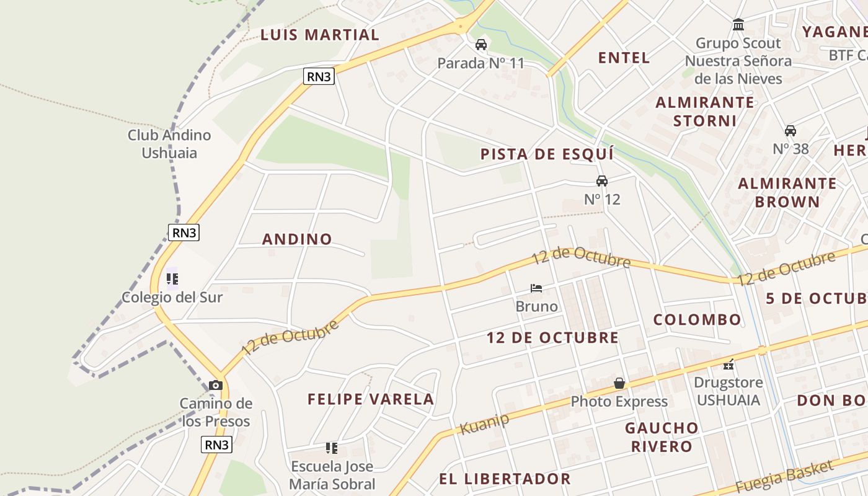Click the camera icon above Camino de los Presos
pyautogui.click(x=216, y=385)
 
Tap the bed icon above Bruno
pyautogui.click(x=536, y=288)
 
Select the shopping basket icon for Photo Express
pyautogui.click(x=619, y=384)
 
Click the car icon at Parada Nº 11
pyautogui.click(x=480, y=45)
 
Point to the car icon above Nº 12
pyautogui.click(x=601, y=181)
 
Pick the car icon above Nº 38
pyautogui.click(x=790, y=131)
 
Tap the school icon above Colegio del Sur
pyautogui.click(x=172, y=279)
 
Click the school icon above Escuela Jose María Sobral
pyautogui.click(x=332, y=448)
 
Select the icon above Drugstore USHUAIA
pyautogui.click(x=728, y=365)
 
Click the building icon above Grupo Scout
pyautogui.click(x=738, y=25)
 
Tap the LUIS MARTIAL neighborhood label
pyautogui.click(x=319, y=35)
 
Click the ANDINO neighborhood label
pyautogui.click(x=297, y=239)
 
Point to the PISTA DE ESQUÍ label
pyautogui.click(x=547, y=154)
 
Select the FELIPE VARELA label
pyautogui.click(x=371, y=399)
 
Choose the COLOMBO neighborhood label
pyautogui.click(x=697, y=320)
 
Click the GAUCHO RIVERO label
pyautogui.click(x=662, y=437)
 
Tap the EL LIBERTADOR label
pyautogui.click(x=505, y=479)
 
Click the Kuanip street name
pyautogui.click(x=484, y=423)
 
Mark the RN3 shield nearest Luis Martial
pyautogui.click(x=319, y=77)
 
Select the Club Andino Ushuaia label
pyautogui.click(x=169, y=144)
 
